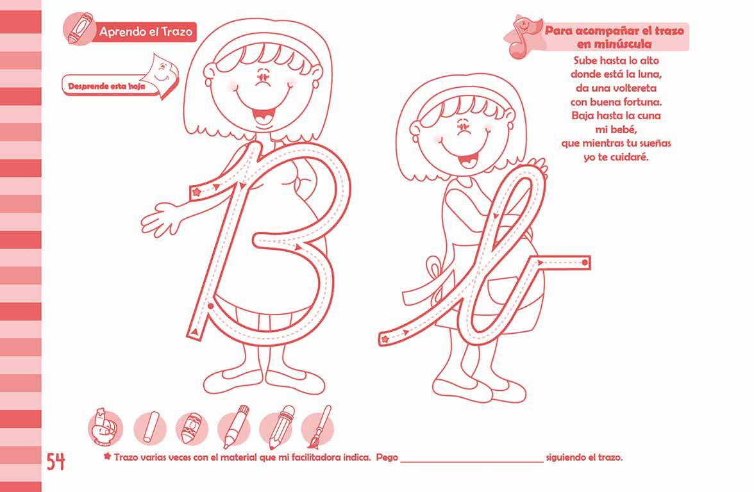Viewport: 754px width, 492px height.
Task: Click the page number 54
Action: coord(55,462)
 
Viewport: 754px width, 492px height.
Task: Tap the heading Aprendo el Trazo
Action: coord(146,32)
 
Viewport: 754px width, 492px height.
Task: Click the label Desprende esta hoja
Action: coord(106,87)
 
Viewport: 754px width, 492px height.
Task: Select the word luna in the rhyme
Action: coord(649,74)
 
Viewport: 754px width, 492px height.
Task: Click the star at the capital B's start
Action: coord(196,192)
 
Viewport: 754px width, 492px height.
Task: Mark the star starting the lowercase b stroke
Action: coord(385,340)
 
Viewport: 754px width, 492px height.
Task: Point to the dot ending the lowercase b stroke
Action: coord(585,263)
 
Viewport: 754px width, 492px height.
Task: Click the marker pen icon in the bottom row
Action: coord(235,427)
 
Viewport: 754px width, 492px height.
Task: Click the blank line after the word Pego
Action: coord(472,462)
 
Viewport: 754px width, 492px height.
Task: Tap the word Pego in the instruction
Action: coord(387,457)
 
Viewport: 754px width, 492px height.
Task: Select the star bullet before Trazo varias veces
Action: coord(107,456)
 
